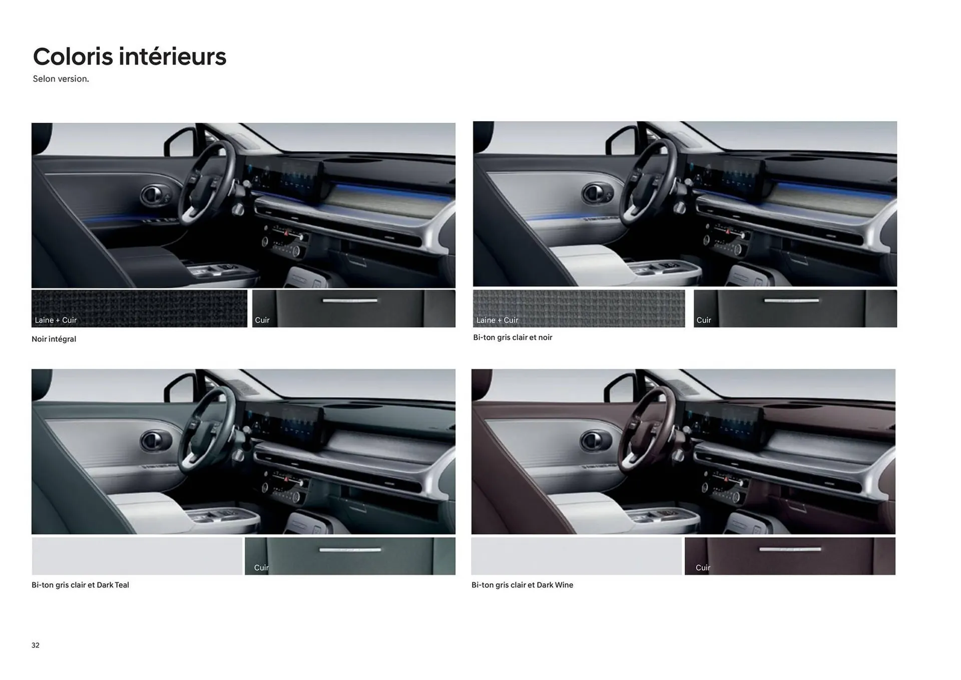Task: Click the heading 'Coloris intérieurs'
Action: tap(130, 57)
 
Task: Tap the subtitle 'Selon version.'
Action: tap(61, 79)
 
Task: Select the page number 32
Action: tap(36, 645)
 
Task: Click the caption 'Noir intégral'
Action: tap(54, 339)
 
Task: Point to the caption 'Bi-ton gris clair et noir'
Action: tap(513, 337)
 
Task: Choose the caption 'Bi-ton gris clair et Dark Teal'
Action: tap(80, 585)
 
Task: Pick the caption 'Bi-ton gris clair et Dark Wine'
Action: tap(522, 585)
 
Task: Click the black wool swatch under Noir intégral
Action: tap(139, 308)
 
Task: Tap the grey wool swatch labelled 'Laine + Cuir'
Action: tap(579, 308)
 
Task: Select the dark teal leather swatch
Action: tap(350, 556)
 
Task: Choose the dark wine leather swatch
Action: tap(790, 556)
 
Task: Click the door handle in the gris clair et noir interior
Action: tap(596, 193)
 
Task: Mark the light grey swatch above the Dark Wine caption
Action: tap(576, 556)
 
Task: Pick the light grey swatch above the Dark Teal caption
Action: tap(137, 556)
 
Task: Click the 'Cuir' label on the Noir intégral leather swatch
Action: tap(262, 320)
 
